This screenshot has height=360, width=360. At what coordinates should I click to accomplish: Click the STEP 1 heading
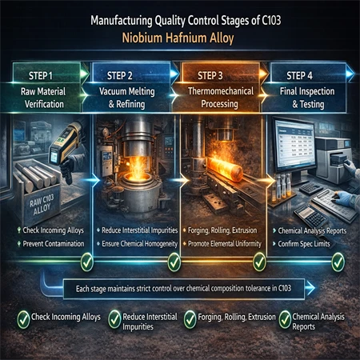41,76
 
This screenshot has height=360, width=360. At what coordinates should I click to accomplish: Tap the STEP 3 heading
210,76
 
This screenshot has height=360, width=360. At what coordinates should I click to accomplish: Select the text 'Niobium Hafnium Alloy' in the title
178,38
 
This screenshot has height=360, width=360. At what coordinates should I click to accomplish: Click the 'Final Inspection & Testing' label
307,98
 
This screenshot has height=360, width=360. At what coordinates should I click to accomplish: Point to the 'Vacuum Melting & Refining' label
127,98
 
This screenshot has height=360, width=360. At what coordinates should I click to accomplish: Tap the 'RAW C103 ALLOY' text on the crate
42,205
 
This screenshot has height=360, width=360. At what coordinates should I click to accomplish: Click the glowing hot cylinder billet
225,169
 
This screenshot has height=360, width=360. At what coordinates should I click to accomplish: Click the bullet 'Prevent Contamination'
54,244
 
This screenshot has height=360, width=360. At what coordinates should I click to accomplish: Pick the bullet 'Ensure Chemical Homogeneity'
139,244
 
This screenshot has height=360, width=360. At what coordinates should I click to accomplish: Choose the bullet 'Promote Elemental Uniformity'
225,244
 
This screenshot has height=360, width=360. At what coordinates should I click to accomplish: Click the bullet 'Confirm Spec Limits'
304,244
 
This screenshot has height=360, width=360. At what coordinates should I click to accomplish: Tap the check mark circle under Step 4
338,262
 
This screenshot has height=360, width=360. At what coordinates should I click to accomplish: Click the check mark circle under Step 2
174,262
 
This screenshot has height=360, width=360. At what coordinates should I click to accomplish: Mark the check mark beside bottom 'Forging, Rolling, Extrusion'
190,319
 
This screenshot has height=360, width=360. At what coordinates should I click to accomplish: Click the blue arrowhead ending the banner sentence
310,288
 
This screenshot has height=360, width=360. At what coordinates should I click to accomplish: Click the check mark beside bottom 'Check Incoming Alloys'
23,319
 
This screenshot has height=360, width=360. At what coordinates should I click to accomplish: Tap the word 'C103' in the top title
271,20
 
